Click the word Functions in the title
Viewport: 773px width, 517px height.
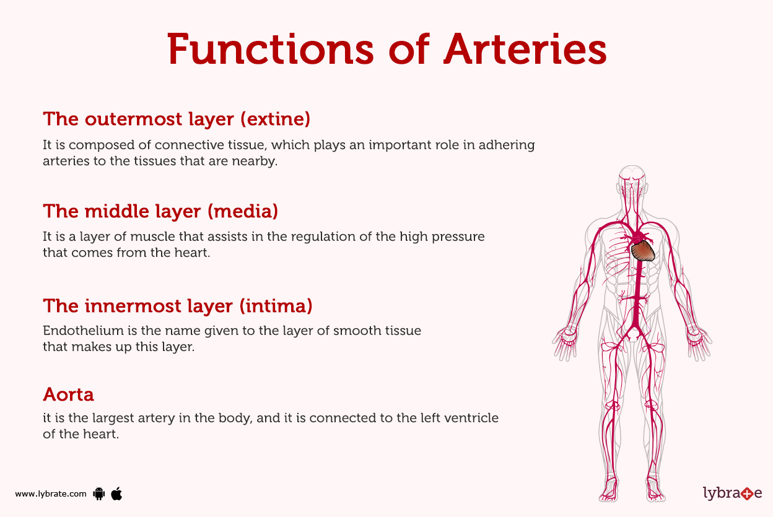[270, 50]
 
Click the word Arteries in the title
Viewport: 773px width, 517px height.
[524, 50]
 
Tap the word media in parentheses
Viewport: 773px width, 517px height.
[243, 211]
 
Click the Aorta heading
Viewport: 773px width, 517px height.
[68, 394]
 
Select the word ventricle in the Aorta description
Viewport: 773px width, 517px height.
[472, 418]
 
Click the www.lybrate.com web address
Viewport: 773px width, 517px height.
[50, 494]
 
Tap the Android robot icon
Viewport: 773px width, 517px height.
[98, 493]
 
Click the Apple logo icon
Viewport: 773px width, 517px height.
[116, 493]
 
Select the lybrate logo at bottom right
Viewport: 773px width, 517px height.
[732, 493]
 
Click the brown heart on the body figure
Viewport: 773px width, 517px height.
[644, 250]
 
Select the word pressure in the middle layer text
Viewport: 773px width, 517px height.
[458, 237]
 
